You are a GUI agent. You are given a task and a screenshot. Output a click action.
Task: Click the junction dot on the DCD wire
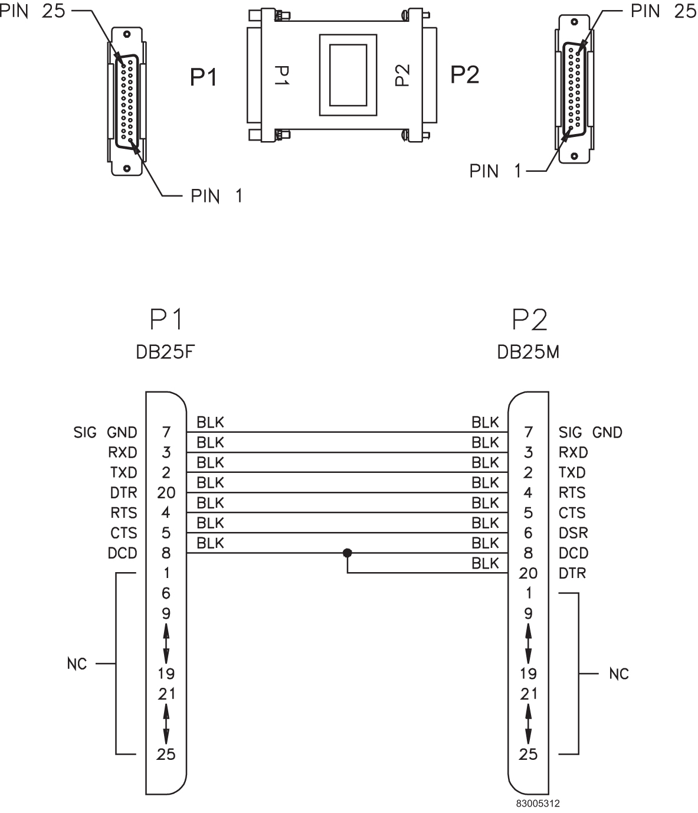348,553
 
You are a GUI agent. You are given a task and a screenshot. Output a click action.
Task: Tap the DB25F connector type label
165,352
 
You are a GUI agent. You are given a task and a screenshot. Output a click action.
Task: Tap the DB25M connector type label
529,352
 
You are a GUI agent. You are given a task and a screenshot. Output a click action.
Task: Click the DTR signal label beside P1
123,493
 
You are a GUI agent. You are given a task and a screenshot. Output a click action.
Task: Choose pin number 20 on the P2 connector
528,573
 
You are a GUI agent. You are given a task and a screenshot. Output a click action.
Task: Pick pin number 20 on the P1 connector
166,493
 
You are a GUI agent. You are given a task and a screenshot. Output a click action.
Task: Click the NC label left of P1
77,664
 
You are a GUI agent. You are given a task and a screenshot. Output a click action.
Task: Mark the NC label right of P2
619,674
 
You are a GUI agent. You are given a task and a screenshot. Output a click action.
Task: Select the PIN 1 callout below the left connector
216,196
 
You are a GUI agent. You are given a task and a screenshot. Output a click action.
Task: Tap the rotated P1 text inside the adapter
281,76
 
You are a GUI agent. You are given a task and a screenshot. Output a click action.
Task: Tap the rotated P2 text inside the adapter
402,75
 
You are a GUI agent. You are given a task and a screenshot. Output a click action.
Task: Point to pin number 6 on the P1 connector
166,593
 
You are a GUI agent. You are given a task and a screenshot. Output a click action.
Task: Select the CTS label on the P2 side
572,513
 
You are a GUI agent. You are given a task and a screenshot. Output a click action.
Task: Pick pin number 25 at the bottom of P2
528,754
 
